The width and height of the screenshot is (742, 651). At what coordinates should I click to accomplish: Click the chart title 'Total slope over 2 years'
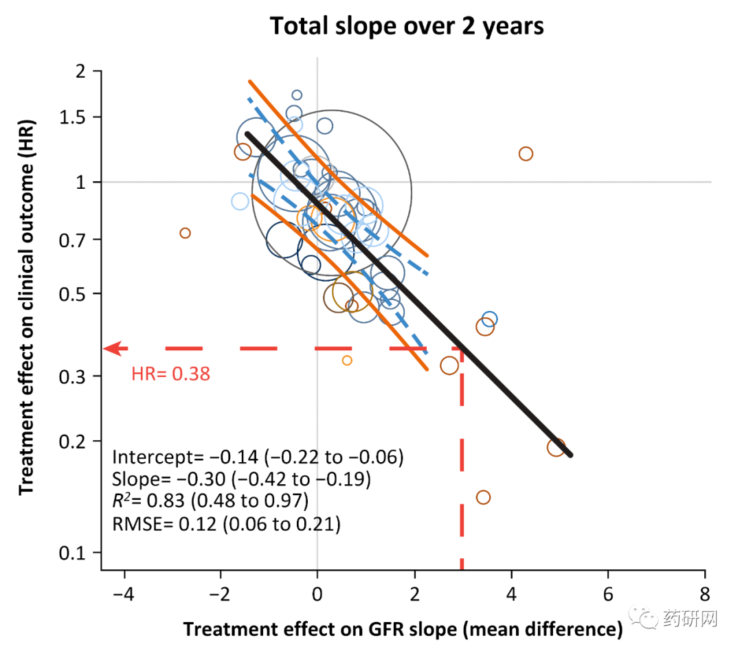(x=407, y=26)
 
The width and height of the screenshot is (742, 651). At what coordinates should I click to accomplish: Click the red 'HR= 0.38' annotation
(x=170, y=374)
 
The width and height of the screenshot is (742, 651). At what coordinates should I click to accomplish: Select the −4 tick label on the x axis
(x=124, y=591)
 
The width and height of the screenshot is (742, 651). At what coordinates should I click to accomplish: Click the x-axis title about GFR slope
(x=402, y=629)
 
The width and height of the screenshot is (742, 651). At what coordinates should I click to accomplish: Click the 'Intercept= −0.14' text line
(x=257, y=457)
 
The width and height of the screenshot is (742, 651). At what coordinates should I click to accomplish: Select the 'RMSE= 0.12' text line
(x=226, y=525)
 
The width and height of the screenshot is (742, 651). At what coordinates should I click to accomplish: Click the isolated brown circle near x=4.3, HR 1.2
(x=526, y=154)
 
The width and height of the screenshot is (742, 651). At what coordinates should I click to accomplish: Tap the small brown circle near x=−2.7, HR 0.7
(x=185, y=233)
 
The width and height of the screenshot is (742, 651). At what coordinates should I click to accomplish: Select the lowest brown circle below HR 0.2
(x=483, y=497)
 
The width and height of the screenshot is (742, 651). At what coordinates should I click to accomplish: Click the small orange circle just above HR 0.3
(x=347, y=361)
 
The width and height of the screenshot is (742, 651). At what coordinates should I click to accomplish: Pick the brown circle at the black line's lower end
(x=556, y=447)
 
